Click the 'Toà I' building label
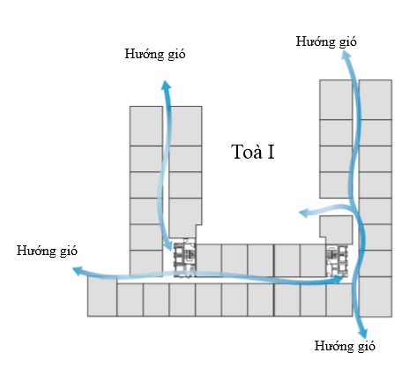[253, 152]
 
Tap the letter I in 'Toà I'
[271, 152]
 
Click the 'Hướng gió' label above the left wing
[155, 55]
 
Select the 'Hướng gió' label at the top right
[326, 41]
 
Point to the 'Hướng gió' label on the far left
[47, 252]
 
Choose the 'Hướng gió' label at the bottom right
[345, 346]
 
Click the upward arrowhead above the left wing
[167, 85]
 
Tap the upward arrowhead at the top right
[346, 55]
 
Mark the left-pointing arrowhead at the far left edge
[78, 271]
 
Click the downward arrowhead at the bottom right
[363, 333]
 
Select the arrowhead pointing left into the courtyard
[304, 213]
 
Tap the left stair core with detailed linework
[184, 258]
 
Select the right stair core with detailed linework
[337, 260]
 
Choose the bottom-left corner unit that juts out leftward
[102, 297]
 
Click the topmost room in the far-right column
[376, 100]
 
